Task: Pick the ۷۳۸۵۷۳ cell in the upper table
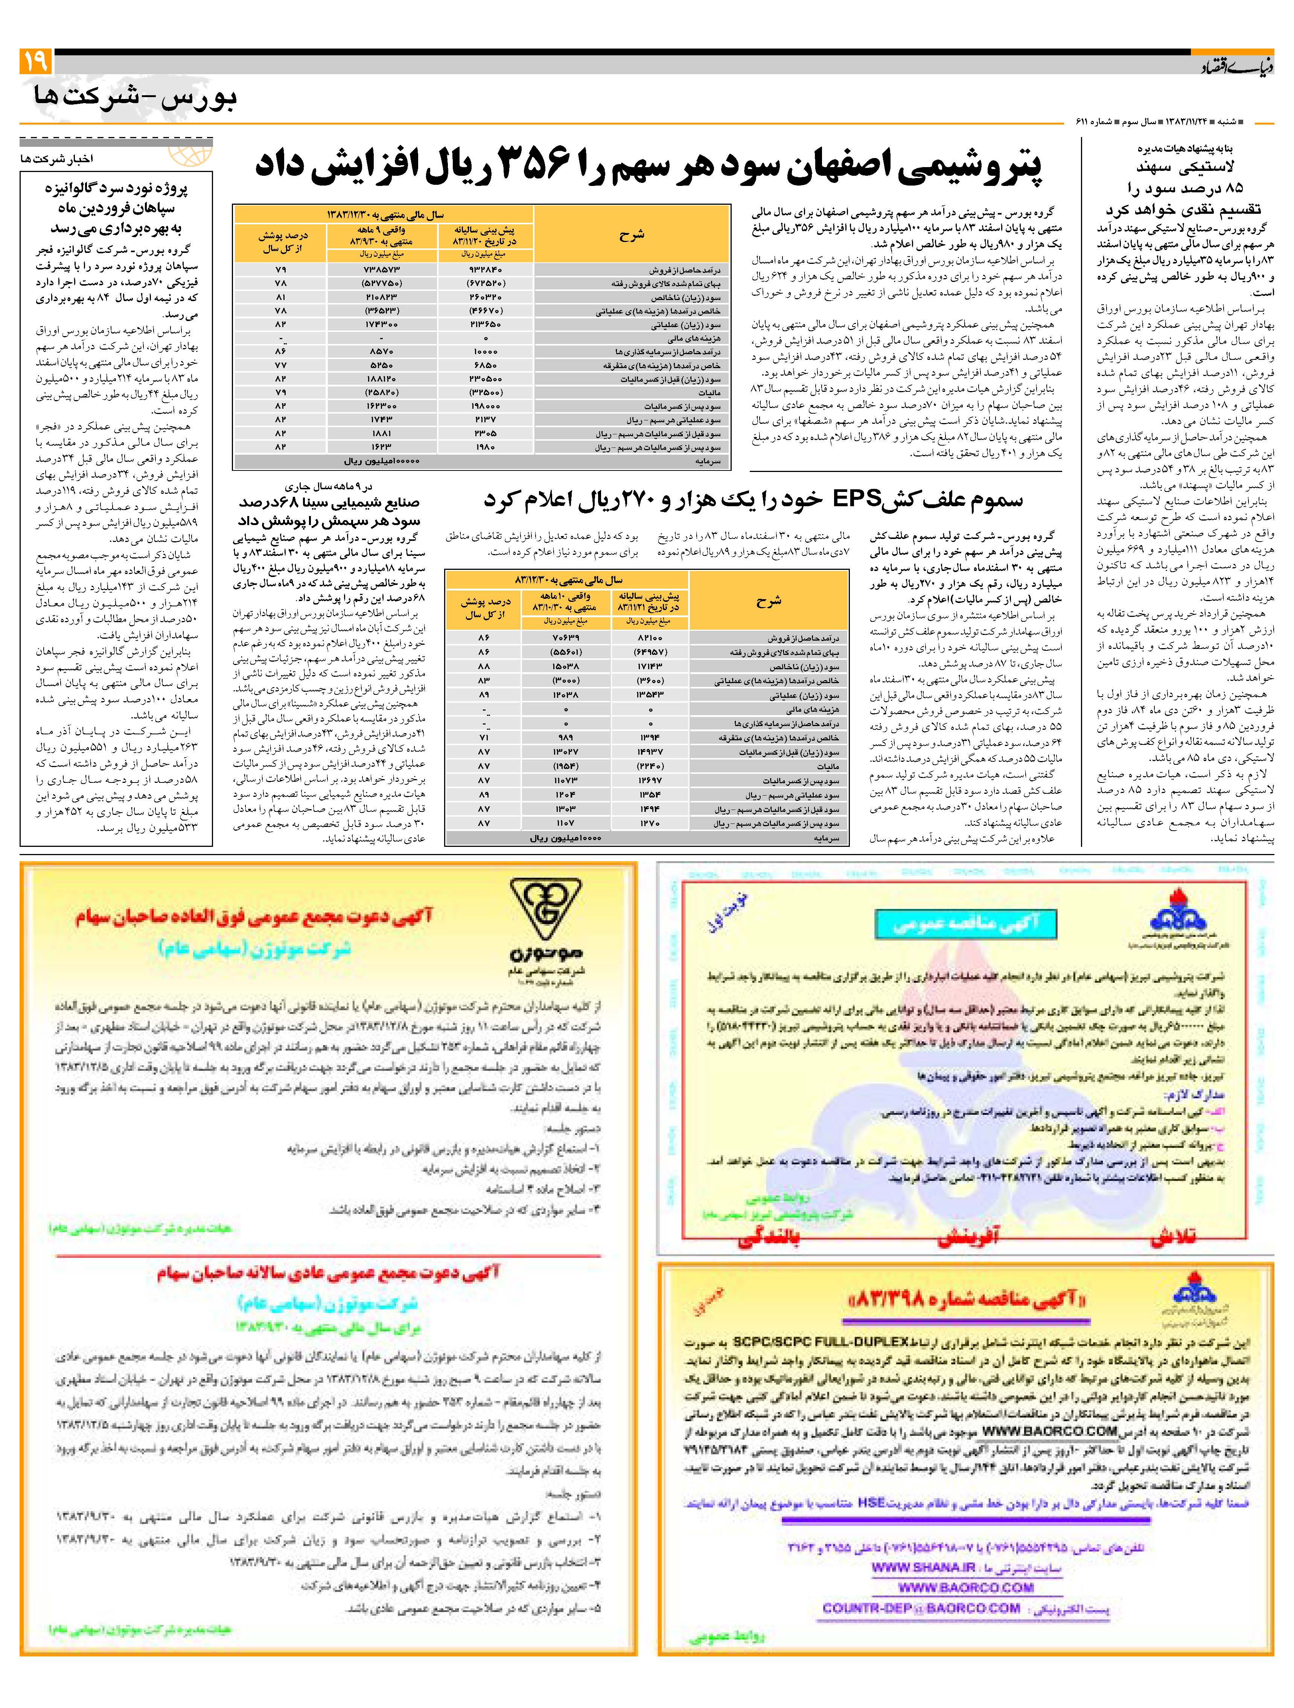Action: tap(381, 270)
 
